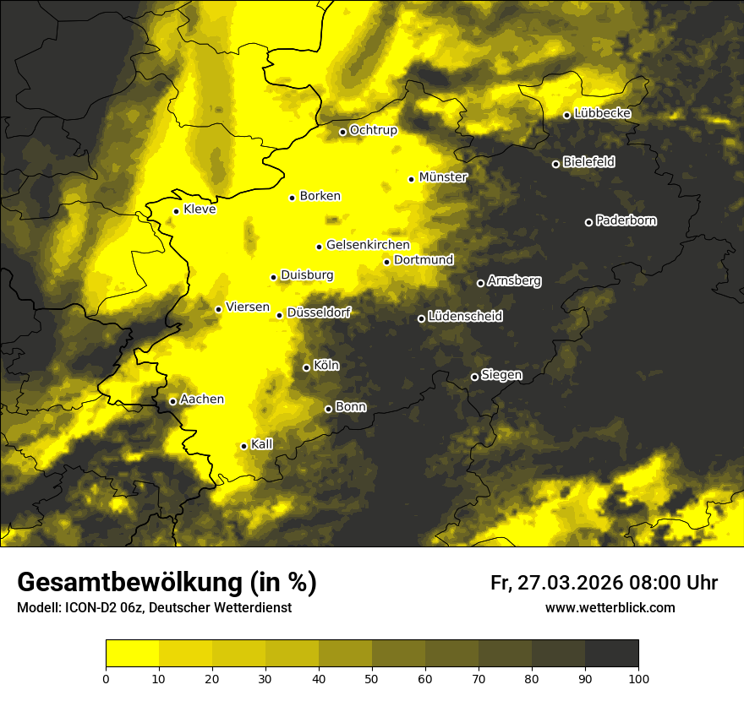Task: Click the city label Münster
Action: point(443,177)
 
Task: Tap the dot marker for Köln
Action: point(306,367)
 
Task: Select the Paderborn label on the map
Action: point(626,220)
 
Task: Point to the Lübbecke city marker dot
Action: point(566,115)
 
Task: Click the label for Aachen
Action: point(202,399)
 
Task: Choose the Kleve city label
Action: point(200,209)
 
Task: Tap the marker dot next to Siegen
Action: point(474,377)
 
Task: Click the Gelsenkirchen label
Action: point(368,245)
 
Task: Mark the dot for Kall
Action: point(243,446)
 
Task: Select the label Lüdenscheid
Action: point(465,317)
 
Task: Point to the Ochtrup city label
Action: point(373,130)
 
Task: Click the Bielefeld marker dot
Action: point(555,164)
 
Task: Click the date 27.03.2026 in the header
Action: point(570,583)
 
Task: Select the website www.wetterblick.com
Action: point(610,608)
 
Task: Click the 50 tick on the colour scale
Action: point(372,677)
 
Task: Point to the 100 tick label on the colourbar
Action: point(638,677)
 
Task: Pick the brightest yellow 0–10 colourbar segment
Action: point(133,654)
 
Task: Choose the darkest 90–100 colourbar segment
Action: point(611,654)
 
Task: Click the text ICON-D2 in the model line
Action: point(87,608)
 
